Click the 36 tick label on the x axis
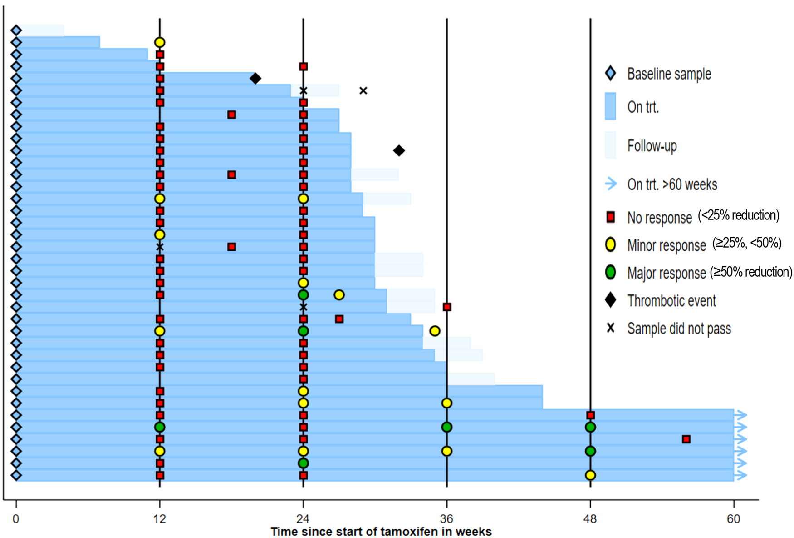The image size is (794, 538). tap(446, 519)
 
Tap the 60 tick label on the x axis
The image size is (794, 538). tap(733, 519)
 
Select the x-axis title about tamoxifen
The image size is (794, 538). tap(381, 532)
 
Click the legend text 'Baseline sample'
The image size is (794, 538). tap(669, 74)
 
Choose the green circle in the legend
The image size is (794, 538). tap(611, 272)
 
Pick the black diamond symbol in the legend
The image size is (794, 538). tap(611, 300)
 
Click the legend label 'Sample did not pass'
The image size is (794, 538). tap(679, 329)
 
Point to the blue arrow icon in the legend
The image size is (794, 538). tap(611, 184)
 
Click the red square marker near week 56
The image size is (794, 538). tap(686, 439)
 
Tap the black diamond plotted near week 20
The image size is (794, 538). tap(255, 78)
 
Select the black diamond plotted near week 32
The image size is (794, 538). tap(399, 150)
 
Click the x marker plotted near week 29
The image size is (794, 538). tap(363, 90)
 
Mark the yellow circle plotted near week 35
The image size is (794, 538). tap(435, 331)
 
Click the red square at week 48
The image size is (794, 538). tap(590, 415)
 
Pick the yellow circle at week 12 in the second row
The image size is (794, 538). tap(159, 42)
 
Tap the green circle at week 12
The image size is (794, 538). tap(159, 427)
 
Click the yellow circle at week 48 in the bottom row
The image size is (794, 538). tap(590, 475)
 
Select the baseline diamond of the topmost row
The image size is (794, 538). tap(16, 30)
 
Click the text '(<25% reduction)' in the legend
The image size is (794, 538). tap(738, 215)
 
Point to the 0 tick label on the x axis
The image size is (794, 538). tap(16, 519)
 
